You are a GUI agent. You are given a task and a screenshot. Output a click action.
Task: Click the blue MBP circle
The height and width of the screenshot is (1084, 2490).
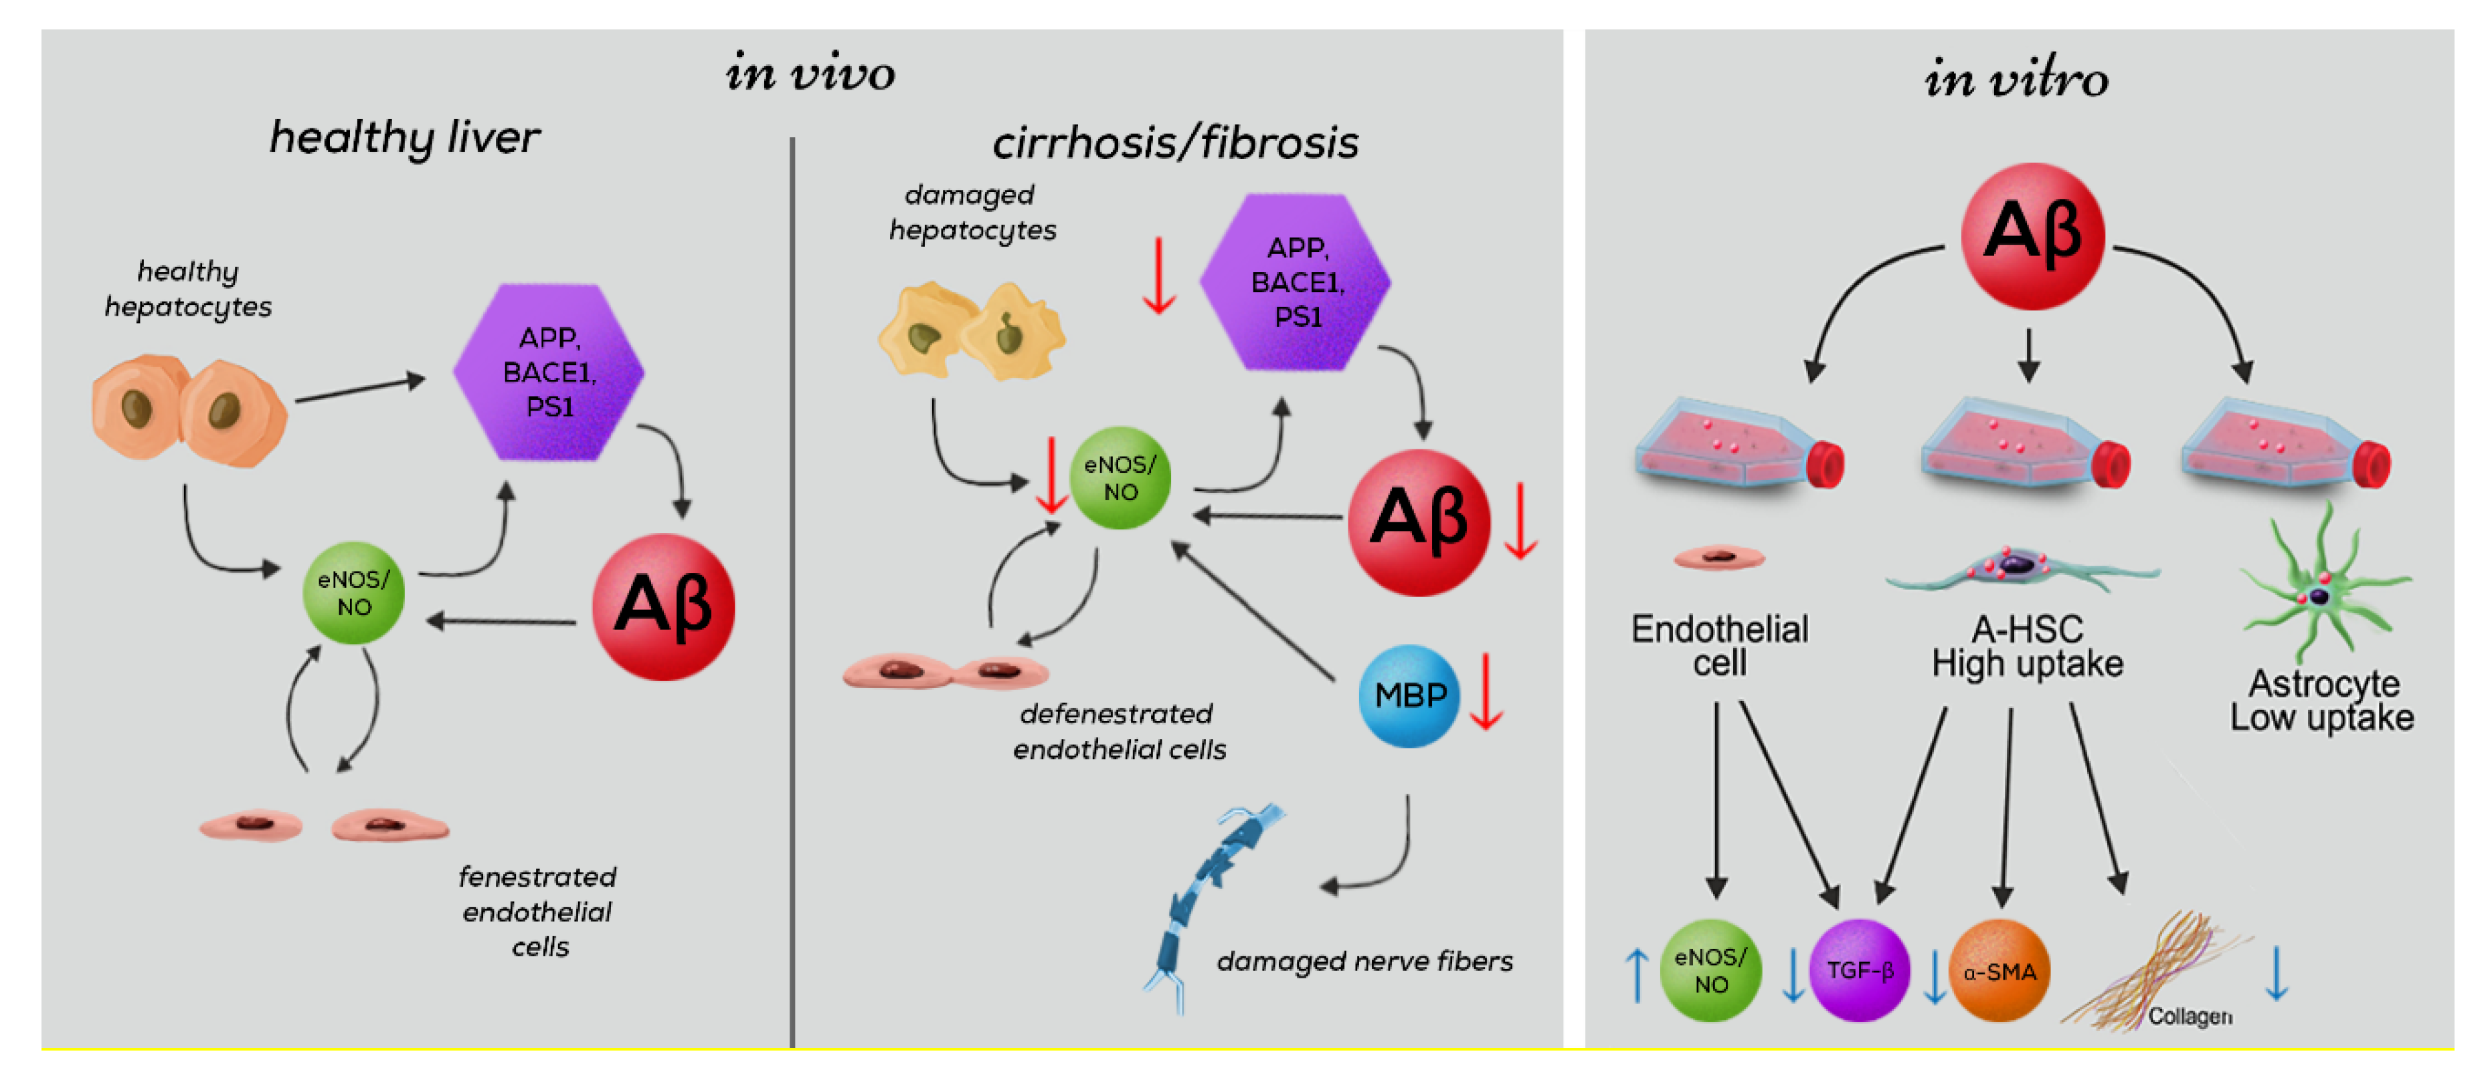click(x=1409, y=695)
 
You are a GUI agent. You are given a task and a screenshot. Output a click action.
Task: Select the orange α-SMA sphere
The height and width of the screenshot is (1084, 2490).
click(x=1999, y=970)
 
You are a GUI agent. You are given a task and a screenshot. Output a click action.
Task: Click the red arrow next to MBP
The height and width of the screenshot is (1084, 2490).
click(x=1486, y=691)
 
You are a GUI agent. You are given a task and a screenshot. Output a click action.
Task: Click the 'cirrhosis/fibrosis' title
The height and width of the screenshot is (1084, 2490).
click(x=1174, y=143)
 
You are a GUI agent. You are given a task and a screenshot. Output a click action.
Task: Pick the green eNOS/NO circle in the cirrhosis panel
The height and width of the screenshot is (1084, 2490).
click(x=1120, y=478)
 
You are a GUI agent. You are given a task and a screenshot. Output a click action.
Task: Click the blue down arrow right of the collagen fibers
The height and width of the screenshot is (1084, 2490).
click(x=2277, y=974)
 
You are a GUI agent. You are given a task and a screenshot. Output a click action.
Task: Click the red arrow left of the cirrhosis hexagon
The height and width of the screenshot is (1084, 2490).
click(x=1158, y=276)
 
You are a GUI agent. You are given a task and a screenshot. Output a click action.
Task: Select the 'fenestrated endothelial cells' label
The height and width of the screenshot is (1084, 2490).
click(x=537, y=911)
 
